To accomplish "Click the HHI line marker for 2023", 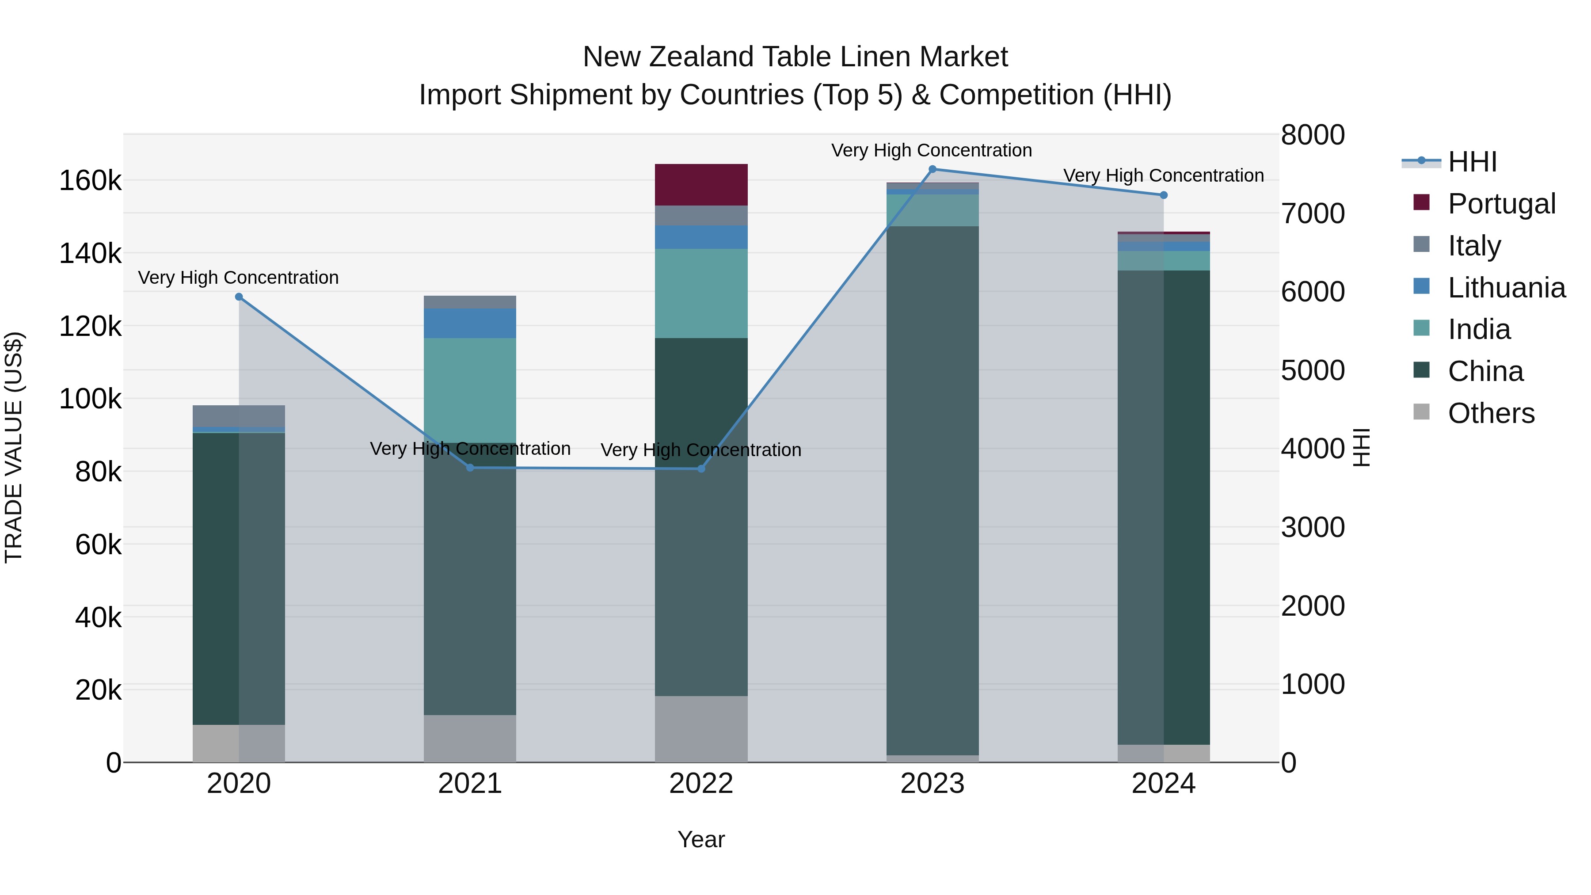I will point(933,169).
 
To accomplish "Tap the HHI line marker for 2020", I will point(239,297).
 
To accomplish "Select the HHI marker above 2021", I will point(470,468).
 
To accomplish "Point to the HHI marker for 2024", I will point(1164,195).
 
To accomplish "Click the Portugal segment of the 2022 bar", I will point(701,185).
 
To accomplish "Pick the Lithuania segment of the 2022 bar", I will point(701,237).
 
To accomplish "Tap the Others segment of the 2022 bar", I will point(701,729).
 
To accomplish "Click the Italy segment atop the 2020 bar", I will point(239,416).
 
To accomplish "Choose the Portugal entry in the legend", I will point(1501,204).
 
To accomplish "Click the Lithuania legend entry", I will point(1506,288).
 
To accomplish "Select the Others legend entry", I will point(1490,413).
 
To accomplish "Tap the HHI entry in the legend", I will point(1472,162).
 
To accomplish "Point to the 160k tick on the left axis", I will point(90,181).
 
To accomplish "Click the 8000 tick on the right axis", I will point(1313,135).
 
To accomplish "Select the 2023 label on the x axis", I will point(932,784).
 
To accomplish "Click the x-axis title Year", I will point(701,839).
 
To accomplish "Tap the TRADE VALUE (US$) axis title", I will point(14,447).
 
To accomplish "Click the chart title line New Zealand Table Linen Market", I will point(795,57).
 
